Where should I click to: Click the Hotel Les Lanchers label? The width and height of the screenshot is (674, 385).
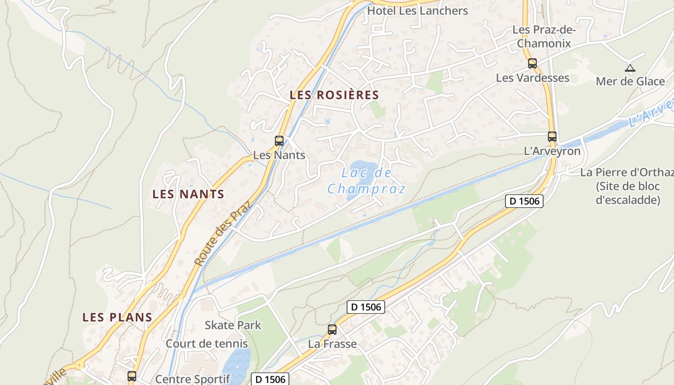tap(417, 11)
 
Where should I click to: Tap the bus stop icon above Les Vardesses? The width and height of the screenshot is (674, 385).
tap(532, 63)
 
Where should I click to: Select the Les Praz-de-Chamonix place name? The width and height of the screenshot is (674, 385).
tap(544, 37)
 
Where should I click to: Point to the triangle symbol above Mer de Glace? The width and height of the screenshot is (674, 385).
tap(630, 68)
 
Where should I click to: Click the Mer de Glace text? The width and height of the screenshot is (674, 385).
tap(630, 81)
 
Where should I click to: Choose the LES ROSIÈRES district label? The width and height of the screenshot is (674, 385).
tap(334, 95)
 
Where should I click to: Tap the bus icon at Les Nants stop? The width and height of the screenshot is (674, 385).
tap(279, 141)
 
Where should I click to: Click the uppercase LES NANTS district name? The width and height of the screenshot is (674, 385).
tap(188, 194)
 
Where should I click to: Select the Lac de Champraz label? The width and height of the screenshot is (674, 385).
tap(366, 180)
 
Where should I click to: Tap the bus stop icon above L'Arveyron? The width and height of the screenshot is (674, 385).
tap(552, 137)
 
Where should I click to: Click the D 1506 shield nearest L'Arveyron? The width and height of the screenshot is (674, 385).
tap(524, 201)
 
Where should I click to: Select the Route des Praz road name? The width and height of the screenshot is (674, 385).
tap(223, 233)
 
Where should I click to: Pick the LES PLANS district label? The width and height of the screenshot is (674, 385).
tap(117, 318)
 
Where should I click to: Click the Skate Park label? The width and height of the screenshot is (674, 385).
tap(233, 325)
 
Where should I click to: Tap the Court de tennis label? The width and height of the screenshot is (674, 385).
tap(207, 344)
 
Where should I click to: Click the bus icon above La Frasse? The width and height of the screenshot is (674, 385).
tap(332, 330)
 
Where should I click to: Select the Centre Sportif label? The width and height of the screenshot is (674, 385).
tap(193, 379)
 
